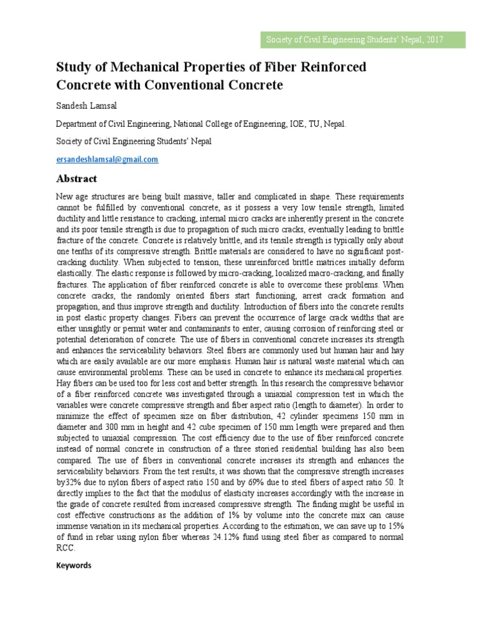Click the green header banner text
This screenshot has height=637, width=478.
click(x=355, y=40)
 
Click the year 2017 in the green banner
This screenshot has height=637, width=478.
click(x=434, y=40)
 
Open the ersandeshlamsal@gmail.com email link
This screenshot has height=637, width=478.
click(x=107, y=159)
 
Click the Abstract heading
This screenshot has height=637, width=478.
click(x=77, y=179)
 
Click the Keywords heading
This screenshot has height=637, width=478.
click(x=73, y=565)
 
